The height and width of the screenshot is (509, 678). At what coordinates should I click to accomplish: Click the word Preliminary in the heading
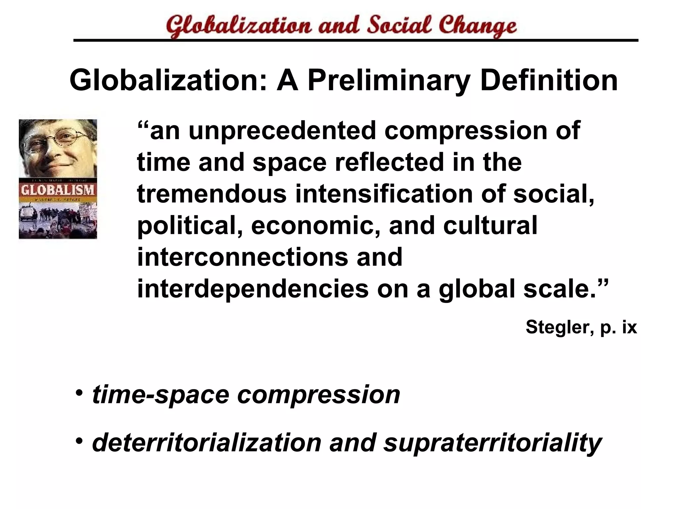point(389,81)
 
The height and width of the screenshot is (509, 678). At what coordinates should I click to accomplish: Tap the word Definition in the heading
point(549,81)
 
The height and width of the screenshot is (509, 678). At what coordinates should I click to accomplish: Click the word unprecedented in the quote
point(282,131)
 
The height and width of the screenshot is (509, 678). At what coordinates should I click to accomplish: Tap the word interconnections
point(243,257)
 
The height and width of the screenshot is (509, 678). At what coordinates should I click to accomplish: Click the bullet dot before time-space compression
point(79,393)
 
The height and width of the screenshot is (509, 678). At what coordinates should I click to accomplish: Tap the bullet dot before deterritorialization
point(79,441)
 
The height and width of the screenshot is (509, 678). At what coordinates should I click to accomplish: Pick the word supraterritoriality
point(492,443)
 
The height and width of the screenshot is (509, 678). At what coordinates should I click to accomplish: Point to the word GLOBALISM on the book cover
point(58,190)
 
